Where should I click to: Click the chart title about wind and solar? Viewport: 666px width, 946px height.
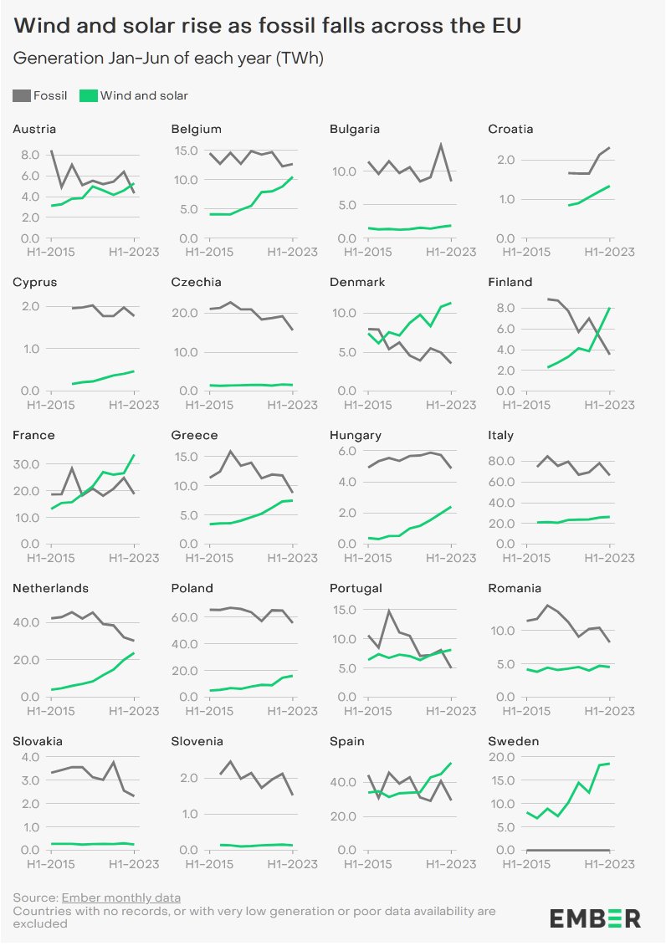267,27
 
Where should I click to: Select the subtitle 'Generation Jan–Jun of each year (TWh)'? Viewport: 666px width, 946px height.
168,59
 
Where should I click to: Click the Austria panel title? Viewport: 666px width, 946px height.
34,130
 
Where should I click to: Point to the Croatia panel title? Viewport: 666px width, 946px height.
510,130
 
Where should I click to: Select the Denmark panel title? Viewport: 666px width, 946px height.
357,283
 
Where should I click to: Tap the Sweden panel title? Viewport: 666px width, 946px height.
514,742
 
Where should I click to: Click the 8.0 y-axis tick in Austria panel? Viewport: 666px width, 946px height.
30,155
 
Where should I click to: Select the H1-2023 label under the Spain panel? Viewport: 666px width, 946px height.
451,862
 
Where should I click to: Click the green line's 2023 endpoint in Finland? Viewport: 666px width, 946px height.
609,308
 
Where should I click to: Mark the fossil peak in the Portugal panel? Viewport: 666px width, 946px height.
389,611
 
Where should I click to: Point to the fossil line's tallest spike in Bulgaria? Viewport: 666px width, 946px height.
440,145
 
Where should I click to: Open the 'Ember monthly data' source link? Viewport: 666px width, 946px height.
121,898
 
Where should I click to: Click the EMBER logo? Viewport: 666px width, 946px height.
595,918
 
